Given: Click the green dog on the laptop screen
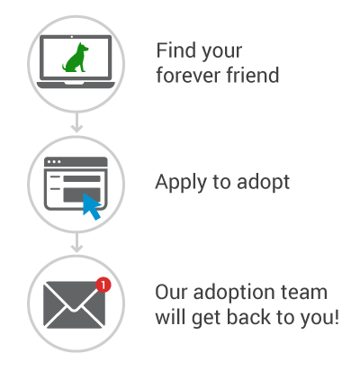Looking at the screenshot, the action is (x=75, y=59).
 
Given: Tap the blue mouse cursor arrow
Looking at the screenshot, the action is (x=92, y=206).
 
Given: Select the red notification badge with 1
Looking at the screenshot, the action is (x=103, y=285).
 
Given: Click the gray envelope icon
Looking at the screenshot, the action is (x=75, y=304).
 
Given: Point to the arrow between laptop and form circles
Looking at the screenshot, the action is (x=76, y=122).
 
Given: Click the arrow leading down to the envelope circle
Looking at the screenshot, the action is (x=76, y=243).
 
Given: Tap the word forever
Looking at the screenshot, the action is (x=189, y=75).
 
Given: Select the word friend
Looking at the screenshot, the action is (x=253, y=75).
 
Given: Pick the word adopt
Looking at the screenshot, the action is (x=263, y=182).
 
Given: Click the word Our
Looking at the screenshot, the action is (x=171, y=292).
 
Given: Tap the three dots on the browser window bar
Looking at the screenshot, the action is (x=54, y=162).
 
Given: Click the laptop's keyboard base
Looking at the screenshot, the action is (x=76, y=85).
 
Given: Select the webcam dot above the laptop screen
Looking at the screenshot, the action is (x=72, y=37).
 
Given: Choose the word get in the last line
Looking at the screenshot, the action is (x=206, y=319).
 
